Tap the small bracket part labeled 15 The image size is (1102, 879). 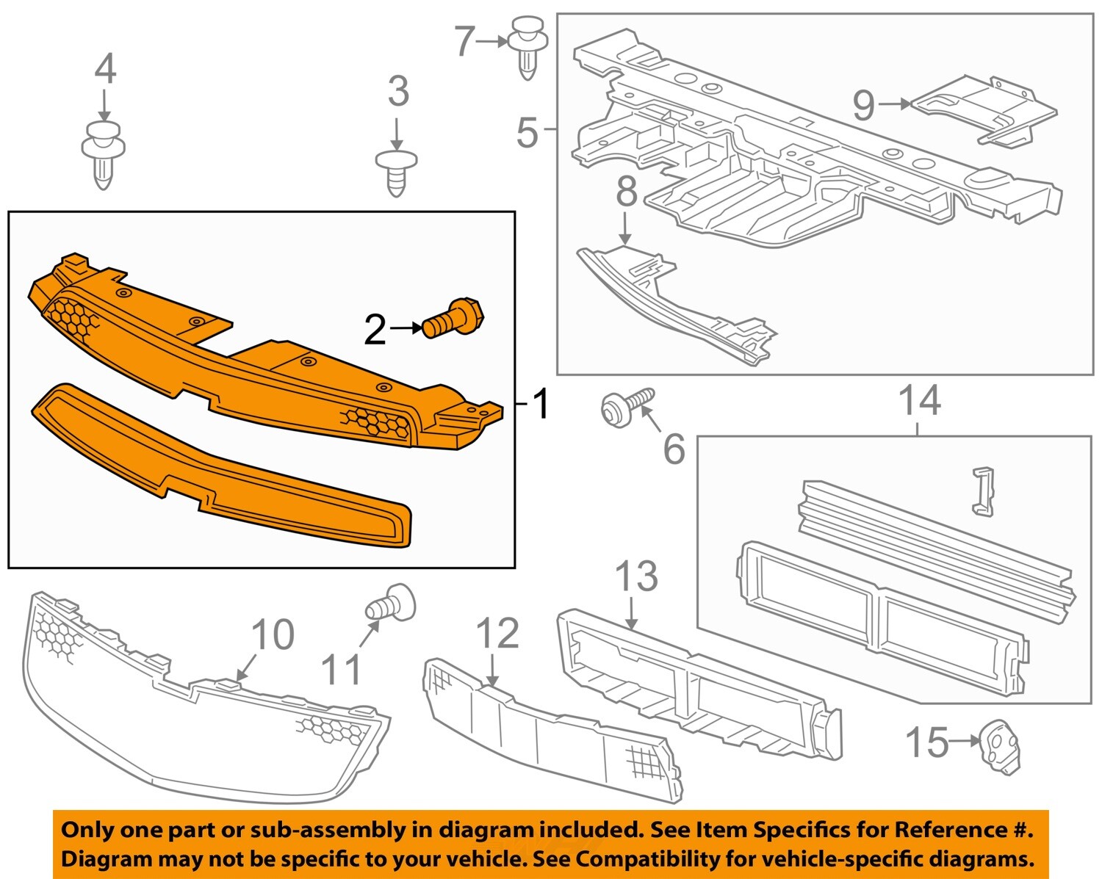click(1000, 745)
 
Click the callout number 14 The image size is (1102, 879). click(920, 401)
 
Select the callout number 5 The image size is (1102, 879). click(527, 133)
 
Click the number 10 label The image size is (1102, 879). click(273, 634)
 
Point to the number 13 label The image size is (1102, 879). click(636, 576)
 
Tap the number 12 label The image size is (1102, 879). click(497, 634)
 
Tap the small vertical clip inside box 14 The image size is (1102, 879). click(982, 490)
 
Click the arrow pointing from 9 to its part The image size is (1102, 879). click(893, 104)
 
